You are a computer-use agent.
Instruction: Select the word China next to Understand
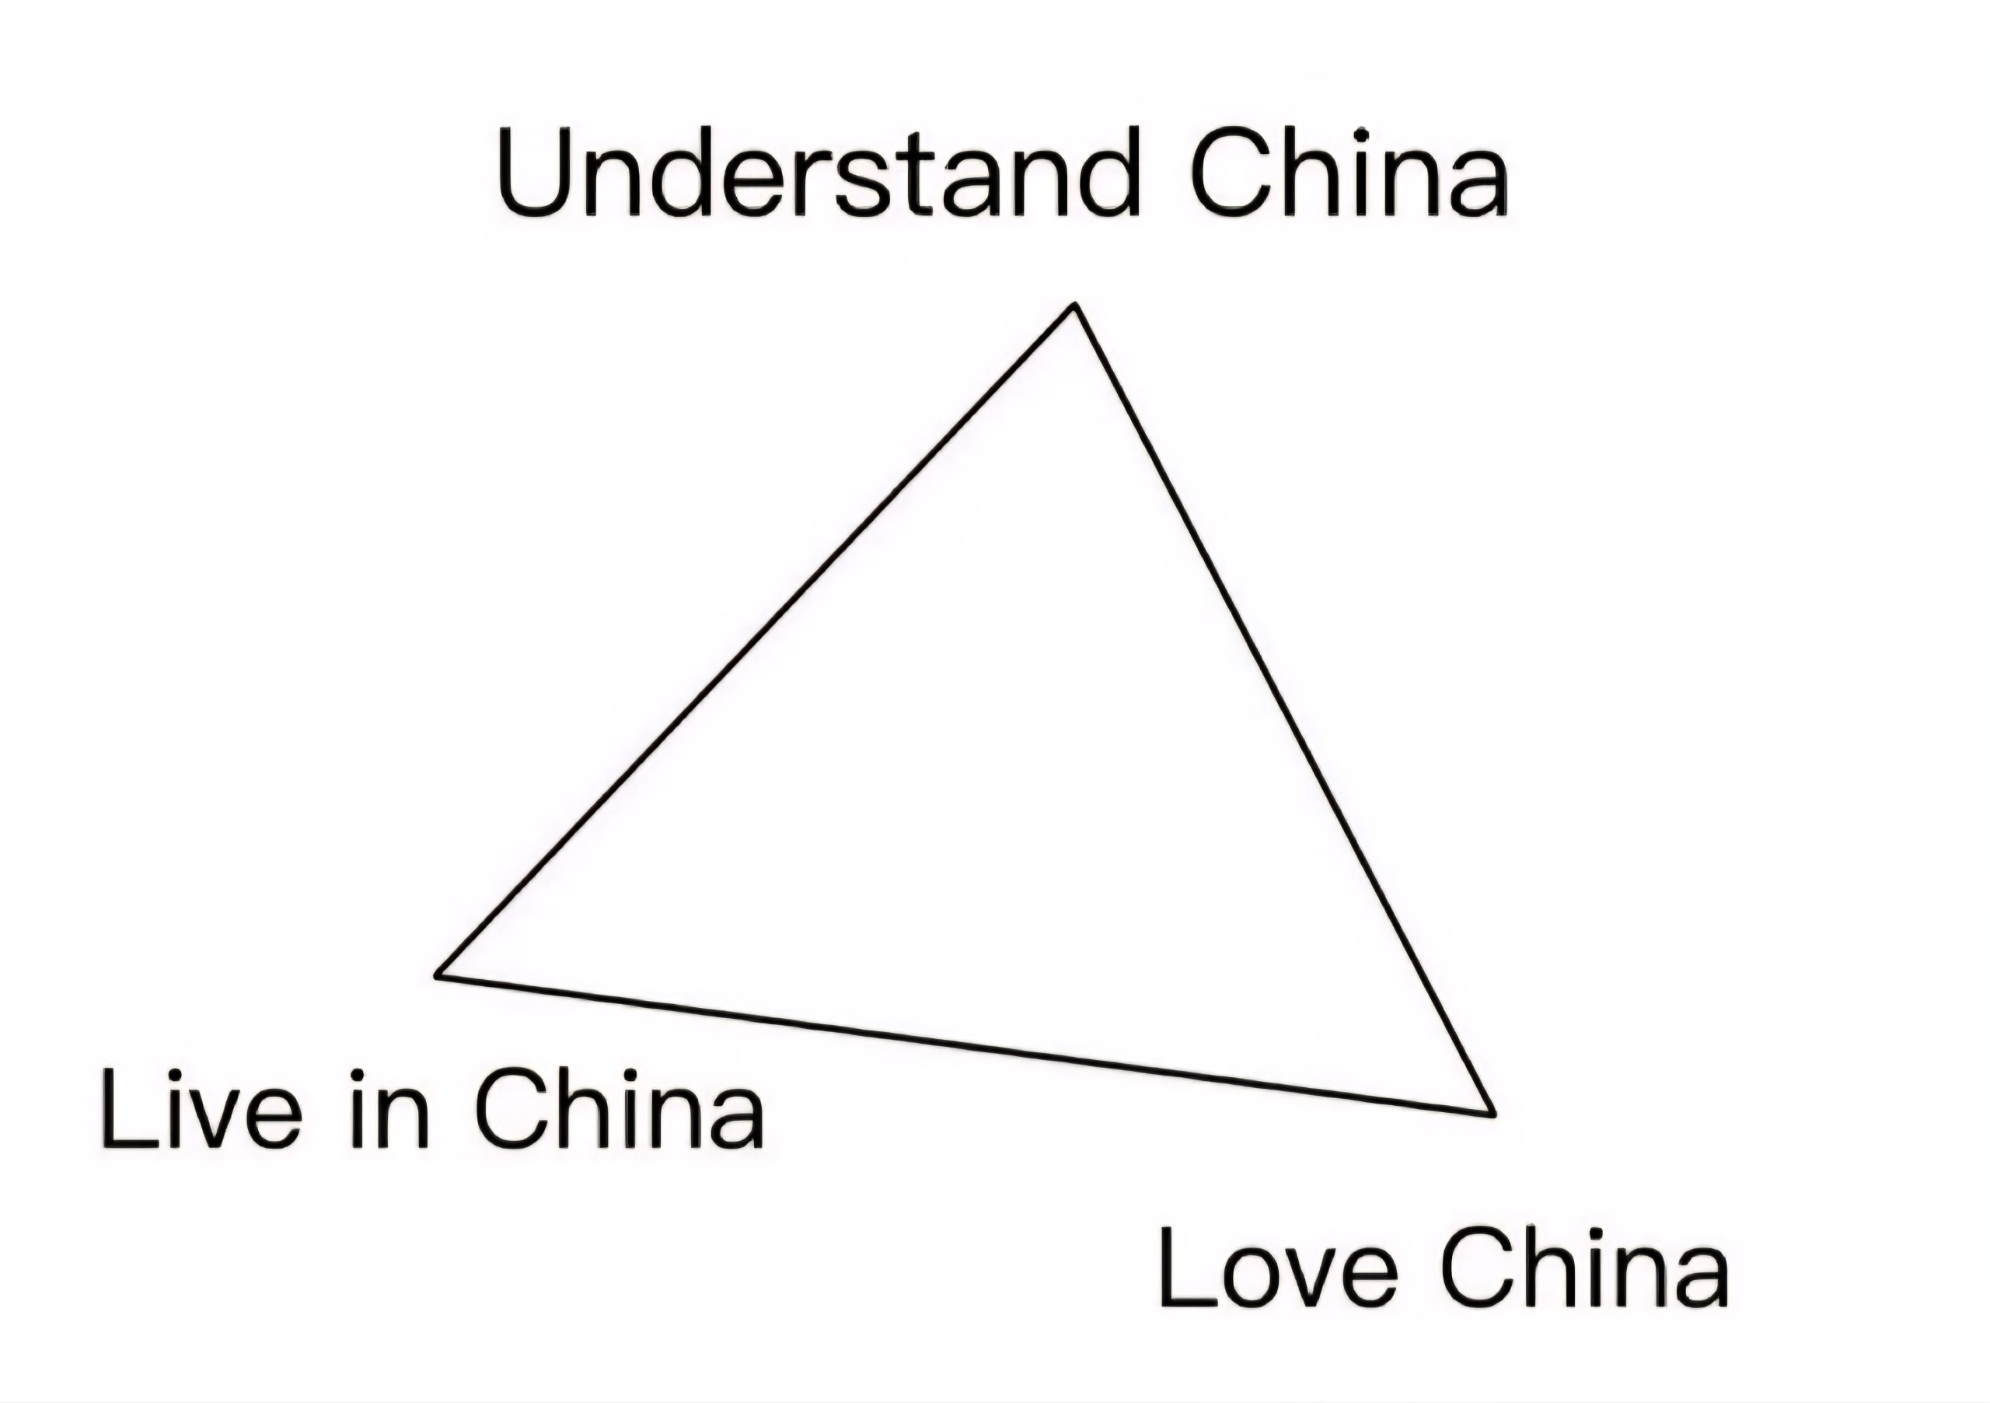click(1350, 172)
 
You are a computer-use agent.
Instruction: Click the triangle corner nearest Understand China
click(1076, 304)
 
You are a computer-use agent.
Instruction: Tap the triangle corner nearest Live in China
click(438, 974)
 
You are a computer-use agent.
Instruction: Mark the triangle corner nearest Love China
click(1492, 1114)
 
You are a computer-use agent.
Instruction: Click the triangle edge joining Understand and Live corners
click(756, 640)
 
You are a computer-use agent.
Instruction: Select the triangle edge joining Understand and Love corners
click(1284, 709)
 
